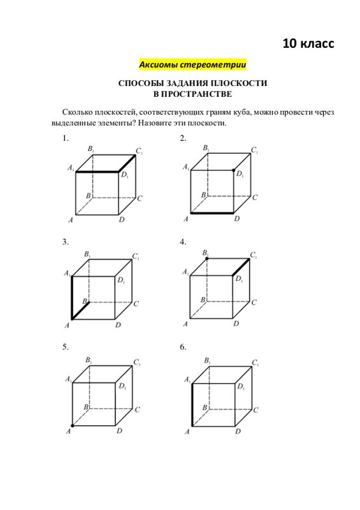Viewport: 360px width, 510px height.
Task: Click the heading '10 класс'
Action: tap(308, 43)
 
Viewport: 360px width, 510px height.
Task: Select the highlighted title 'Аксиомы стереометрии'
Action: tap(192, 64)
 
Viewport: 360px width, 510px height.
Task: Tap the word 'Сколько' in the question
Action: tap(77, 112)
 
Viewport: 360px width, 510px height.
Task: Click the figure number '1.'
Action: tap(66, 138)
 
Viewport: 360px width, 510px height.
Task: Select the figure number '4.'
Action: tap(183, 242)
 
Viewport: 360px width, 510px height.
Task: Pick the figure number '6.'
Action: tap(183, 347)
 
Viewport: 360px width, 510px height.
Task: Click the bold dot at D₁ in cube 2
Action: tap(233, 170)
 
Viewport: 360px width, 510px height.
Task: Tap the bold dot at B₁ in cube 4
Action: tap(207, 259)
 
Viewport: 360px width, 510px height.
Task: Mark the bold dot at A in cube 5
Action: tap(72, 425)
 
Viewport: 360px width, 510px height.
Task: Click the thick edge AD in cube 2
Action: tap(212, 213)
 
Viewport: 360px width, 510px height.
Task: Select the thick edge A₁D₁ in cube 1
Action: tap(97, 171)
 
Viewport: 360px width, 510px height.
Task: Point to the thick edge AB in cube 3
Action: tap(80, 311)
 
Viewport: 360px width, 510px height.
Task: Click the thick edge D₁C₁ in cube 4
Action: tap(241, 267)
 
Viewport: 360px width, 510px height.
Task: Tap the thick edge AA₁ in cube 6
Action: tap(192, 405)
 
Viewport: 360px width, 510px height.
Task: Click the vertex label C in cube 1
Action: tap(140, 198)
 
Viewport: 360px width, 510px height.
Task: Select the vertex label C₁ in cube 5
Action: tap(137, 362)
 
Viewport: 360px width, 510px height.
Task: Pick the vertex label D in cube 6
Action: tap(238, 432)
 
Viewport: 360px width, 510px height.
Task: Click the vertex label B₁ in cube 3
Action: tap(87, 254)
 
